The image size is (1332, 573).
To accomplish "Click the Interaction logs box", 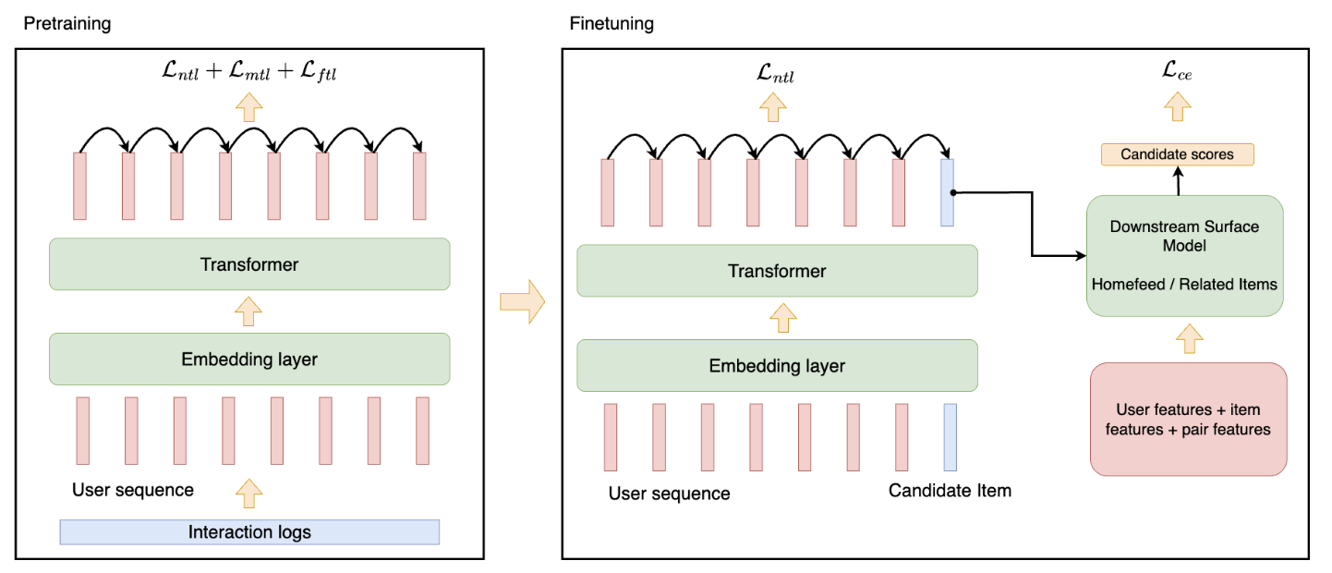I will pyautogui.click(x=249, y=531).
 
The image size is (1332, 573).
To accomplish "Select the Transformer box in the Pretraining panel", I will pyautogui.click(x=249, y=264).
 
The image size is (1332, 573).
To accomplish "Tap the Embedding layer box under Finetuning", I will pyautogui.click(x=777, y=365).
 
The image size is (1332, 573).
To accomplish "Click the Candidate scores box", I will pyautogui.click(x=1177, y=154).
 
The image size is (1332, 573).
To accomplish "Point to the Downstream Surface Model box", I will pyautogui.click(x=1184, y=255).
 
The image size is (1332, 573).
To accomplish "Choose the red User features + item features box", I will pyautogui.click(x=1188, y=420).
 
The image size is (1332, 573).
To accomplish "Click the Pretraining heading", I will pyautogui.click(x=67, y=24).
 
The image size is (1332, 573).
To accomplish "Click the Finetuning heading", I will pyautogui.click(x=612, y=24).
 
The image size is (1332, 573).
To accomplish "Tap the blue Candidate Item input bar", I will pyautogui.click(x=950, y=436).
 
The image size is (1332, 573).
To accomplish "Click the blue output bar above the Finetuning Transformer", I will pyautogui.click(x=947, y=192).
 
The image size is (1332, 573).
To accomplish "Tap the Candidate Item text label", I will pyautogui.click(x=950, y=491).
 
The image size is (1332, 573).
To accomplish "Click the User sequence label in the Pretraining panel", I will pyautogui.click(x=133, y=490).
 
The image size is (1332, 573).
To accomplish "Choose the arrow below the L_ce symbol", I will pyautogui.click(x=1177, y=109).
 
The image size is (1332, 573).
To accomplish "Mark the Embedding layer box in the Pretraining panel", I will pyautogui.click(x=249, y=359).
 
